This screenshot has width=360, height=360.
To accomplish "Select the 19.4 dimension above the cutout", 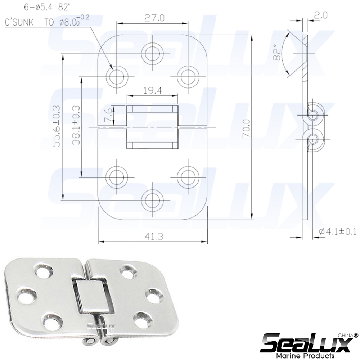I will click(x=152, y=91).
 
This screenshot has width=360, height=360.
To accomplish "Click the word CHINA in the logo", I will click(x=345, y=335).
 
